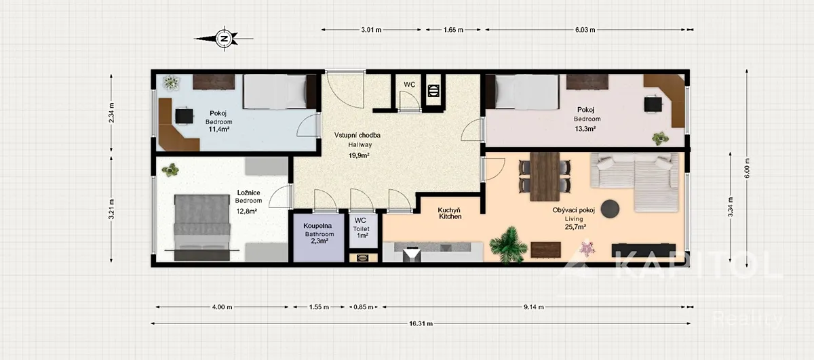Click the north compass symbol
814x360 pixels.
click(x=225, y=38)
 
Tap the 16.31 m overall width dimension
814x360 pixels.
click(x=421, y=323)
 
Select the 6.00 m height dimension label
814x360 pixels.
click(x=747, y=169)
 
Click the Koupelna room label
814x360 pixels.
click(x=317, y=226)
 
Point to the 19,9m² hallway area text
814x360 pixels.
click(x=359, y=155)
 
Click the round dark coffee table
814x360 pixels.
click(x=610, y=209)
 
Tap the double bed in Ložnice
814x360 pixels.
click(x=202, y=227)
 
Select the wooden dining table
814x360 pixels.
click(x=545, y=176)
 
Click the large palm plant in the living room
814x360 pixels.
click(x=508, y=245)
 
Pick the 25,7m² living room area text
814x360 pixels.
click(x=575, y=227)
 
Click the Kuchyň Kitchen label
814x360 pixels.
click(x=450, y=214)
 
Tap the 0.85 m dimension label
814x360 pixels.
click(x=364, y=307)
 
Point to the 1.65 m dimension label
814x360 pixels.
click(x=453, y=30)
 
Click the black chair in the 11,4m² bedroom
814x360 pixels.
click(x=185, y=116)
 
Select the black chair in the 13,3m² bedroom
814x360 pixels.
click(x=653, y=104)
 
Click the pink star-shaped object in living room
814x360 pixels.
click(x=586, y=248)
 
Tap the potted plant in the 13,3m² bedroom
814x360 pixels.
click(x=660, y=138)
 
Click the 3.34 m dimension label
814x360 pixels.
click(x=730, y=207)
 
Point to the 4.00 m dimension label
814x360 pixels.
click(x=222, y=307)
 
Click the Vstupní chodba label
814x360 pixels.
click(x=357, y=135)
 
